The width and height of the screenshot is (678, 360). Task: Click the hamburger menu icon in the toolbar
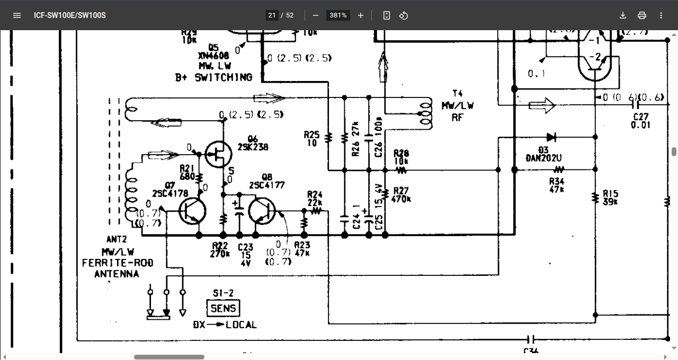(17, 15)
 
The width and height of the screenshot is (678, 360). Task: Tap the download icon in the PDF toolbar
(623, 15)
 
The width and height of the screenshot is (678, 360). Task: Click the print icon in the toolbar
(642, 15)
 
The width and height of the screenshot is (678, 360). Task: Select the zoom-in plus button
(361, 15)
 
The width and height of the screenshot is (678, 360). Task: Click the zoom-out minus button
(316, 15)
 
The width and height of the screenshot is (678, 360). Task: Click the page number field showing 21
(272, 15)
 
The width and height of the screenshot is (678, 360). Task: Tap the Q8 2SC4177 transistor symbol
(263, 211)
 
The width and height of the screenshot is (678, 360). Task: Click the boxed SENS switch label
(224, 308)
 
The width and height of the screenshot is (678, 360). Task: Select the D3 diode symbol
(551, 137)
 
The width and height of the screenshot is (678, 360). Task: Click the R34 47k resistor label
(557, 185)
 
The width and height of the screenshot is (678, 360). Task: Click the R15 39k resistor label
(610, 197)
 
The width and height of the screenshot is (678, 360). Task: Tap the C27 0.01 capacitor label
(640, 121)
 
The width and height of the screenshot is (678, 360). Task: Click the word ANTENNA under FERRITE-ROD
(117, 274)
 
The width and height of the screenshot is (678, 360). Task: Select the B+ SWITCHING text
(213, 77)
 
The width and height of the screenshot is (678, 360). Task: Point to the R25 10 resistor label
(311, 139)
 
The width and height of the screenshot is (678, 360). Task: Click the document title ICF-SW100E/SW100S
(70, 15)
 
